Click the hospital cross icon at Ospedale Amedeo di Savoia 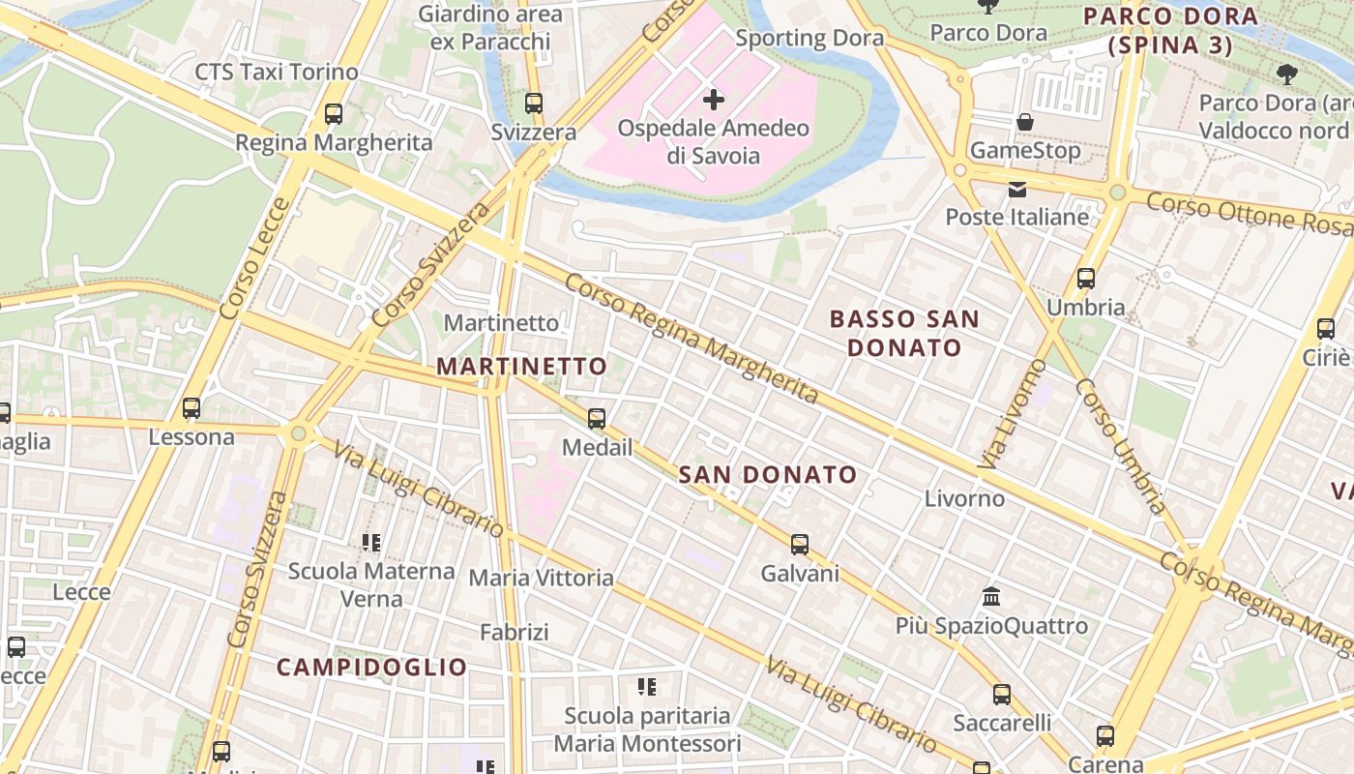click(x=714, y=100)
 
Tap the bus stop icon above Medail click(x=597, y=419)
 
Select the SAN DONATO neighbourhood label click(x=768, y=474)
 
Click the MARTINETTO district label click(x=521, y=367)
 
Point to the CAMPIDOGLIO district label click(x=371, y=667)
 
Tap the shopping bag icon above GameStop click(x=1024, y=122)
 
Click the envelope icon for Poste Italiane click(x=1017, y=190)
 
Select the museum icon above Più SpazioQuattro click(x=991, y=596)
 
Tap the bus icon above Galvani click(x=800, y=544)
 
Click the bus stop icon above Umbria click(x=1086, y=279)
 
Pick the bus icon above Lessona click(x=191, y=408)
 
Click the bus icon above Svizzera click(x=534, y=103)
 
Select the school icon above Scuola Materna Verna click(x=371, y=542)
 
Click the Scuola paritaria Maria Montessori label click(x=647, y=729)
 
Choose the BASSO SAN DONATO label click(x=904, y=333)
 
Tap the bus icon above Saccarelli click(x=1002, y=694)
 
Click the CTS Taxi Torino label click(x=277, y=72)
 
